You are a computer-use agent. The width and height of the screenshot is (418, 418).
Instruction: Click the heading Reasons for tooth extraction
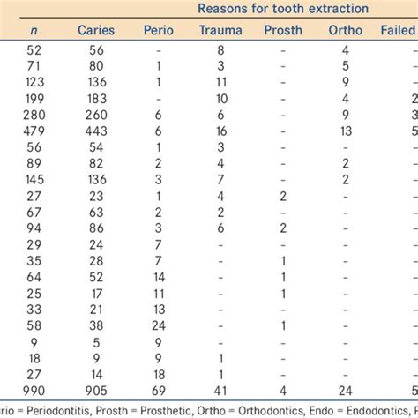pos(283,11)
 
